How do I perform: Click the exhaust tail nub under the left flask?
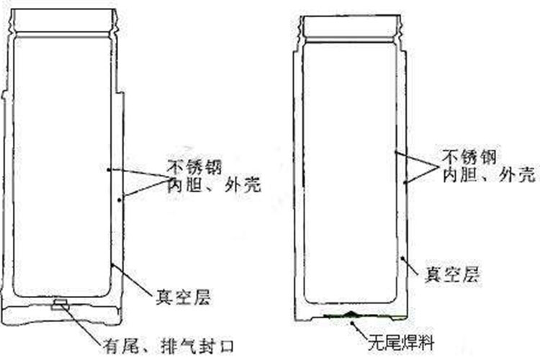click(x=60, y=305)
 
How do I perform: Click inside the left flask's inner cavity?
click(x=61, y=166)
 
